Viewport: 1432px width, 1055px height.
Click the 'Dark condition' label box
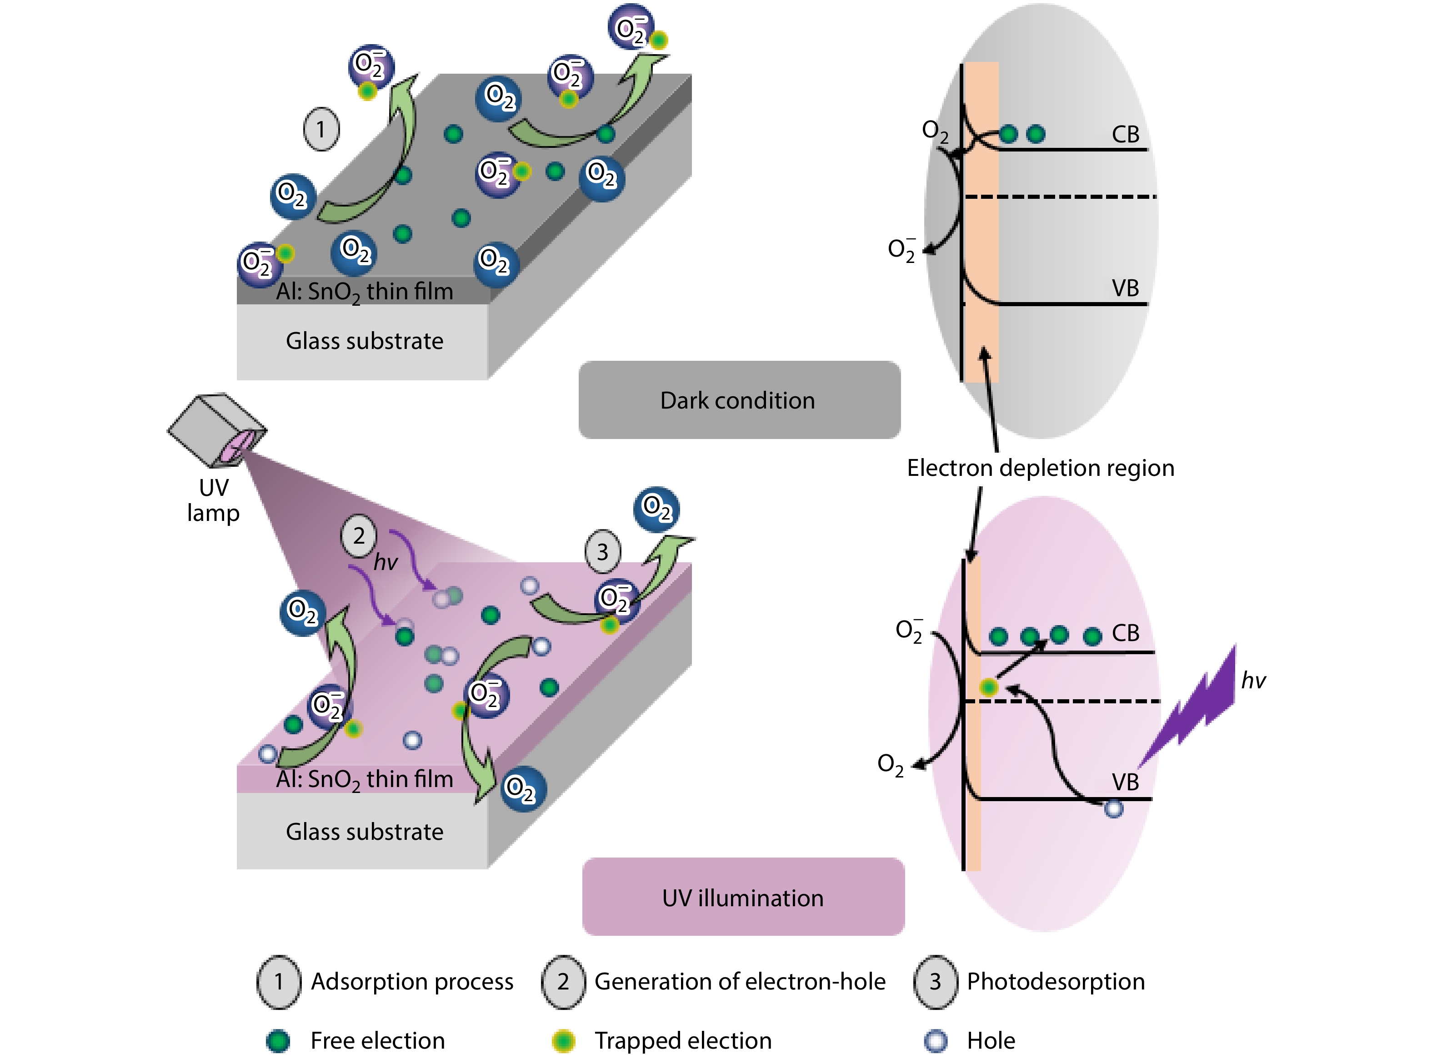(739, 400)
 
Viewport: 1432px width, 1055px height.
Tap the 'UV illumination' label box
(743, 897)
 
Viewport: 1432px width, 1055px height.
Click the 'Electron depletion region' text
(1040, 468)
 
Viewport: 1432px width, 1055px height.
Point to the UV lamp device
(217, 429)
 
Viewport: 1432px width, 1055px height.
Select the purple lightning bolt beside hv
(1193, 702)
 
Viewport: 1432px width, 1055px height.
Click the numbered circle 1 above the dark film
(321, 130)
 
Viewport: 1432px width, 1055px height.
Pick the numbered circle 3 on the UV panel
(602, 552)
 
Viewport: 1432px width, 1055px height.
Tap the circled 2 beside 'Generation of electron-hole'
(562, 982)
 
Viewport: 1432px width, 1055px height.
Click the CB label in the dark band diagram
(1125, 135)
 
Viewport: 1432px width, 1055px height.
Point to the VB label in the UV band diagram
(1125, 782)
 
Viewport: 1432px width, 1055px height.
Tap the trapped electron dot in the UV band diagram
(988, 687)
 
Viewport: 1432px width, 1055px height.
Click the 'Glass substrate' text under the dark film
(365, 341)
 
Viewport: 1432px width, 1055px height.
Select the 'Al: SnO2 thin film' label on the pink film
(365, 780)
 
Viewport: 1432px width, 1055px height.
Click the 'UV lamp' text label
(213, 500)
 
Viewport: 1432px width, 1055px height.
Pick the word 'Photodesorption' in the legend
(1056, 982)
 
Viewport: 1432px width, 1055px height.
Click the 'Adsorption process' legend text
(411, 982)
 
